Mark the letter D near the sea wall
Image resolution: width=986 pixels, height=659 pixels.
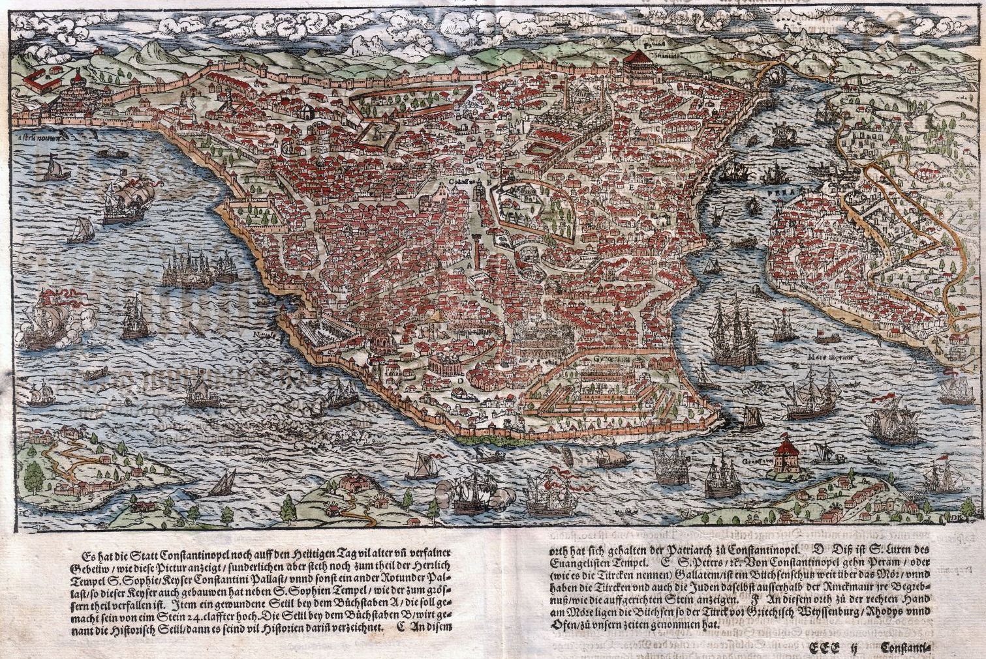460,379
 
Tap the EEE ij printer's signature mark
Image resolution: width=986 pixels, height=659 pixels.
832,647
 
